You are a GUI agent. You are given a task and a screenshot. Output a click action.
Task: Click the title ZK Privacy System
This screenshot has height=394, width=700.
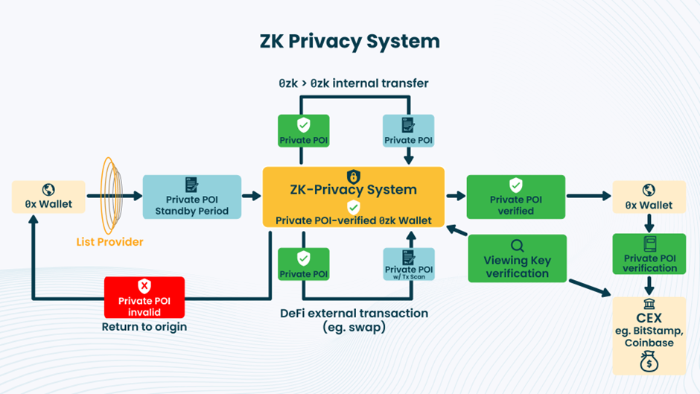(x=350, y=40)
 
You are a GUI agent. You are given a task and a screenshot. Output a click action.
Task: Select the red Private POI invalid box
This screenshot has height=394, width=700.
(x=144, y=297)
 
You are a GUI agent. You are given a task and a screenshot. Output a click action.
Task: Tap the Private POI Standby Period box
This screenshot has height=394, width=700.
(x=191, y=197)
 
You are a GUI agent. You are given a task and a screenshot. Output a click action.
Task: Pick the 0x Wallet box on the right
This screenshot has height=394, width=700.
(x=649, y=197)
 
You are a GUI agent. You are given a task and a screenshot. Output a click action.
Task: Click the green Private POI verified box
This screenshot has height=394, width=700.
(x=515, y=197)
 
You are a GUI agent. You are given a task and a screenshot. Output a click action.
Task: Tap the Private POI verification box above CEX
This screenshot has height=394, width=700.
(x=649, y=254)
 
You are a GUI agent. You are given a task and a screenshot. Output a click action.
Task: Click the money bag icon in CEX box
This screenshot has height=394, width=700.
(x=649, y=362)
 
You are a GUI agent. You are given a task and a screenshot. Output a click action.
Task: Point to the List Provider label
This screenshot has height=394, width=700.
(x=109, y=241)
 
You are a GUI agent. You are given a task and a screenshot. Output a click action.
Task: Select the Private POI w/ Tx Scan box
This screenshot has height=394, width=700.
(x=408, y=264)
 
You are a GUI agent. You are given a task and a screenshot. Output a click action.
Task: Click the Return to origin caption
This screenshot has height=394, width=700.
(x=144, y=326)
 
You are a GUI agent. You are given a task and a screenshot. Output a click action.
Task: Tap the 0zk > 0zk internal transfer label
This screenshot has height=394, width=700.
(x=354, y=83)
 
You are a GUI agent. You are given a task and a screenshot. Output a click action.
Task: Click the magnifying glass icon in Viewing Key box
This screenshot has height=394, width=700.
(x=517, y=245)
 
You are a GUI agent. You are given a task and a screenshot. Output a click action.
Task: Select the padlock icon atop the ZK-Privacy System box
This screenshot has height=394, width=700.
(x=354, y=177)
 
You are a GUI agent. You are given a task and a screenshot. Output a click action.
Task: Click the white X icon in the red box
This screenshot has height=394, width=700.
(x=144, y=286)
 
